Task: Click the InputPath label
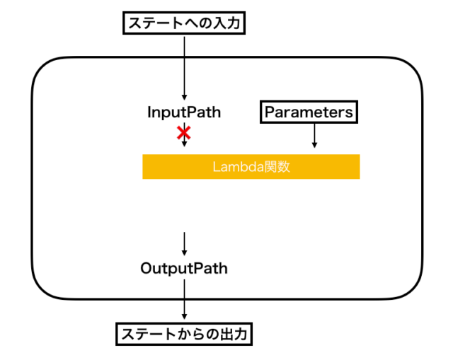tap(184, 112)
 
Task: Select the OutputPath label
tap(184, 269)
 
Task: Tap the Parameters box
tap(308, 112)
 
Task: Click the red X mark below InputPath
tap(184, 132)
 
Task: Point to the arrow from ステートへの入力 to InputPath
tap(184, 67)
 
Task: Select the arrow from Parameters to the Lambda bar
tap(314, 136)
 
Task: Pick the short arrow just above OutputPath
tap(184, 244)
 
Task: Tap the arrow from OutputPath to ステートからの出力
tap(184, 301)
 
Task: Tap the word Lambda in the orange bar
tap(235, 168)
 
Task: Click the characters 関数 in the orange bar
tap(278, 168)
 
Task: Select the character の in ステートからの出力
tap(212, 334)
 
